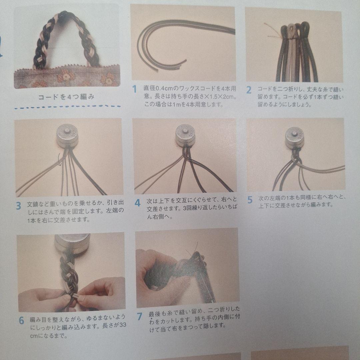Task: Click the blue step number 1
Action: click(x=135, y=89)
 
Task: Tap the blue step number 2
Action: click(x=249, y=90)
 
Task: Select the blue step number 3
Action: click(x=18, y=206)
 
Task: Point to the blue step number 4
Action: click(x=137, y=203)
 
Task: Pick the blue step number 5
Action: click(x=250, y=200)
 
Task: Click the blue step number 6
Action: click(x=21, y=321)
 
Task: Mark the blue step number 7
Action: click(x=139, y=316)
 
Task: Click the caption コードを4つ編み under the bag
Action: click(x=66, y=97)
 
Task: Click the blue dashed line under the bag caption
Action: click(x=67, y=107)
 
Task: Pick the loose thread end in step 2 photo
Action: click(x=272, y=31)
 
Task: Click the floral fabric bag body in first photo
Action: click(x=67, y=77)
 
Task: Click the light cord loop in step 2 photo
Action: click(x=292, y=30)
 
